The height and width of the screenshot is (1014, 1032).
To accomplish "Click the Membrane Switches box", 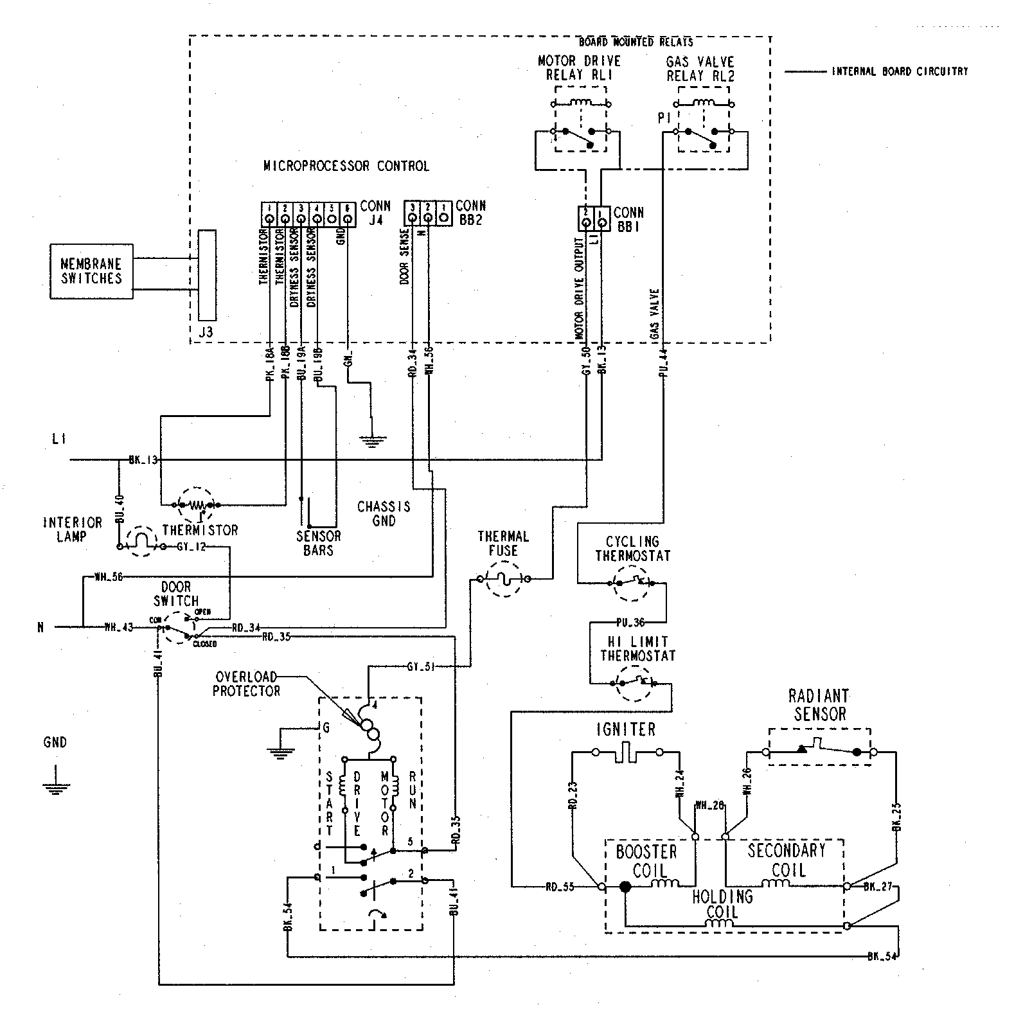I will coord(91,271).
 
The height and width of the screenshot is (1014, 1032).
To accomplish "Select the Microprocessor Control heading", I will coord(346,166).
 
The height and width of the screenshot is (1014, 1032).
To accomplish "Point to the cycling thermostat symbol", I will coord(632,583).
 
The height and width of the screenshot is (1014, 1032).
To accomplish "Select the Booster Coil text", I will coord(646,861).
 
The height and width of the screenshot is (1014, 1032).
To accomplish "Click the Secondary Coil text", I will coord(787,860).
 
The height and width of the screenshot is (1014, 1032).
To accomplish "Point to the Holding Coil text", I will coord(722,904).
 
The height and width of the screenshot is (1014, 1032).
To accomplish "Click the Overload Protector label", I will coord(247,684).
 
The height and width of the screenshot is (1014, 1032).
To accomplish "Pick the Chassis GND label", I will coord(384,513).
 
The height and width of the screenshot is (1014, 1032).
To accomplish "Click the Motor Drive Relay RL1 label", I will coord(579,67).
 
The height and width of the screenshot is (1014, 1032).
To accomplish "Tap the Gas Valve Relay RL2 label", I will coord(700,68).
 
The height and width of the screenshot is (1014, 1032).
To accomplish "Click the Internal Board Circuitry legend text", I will coord(900,72).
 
